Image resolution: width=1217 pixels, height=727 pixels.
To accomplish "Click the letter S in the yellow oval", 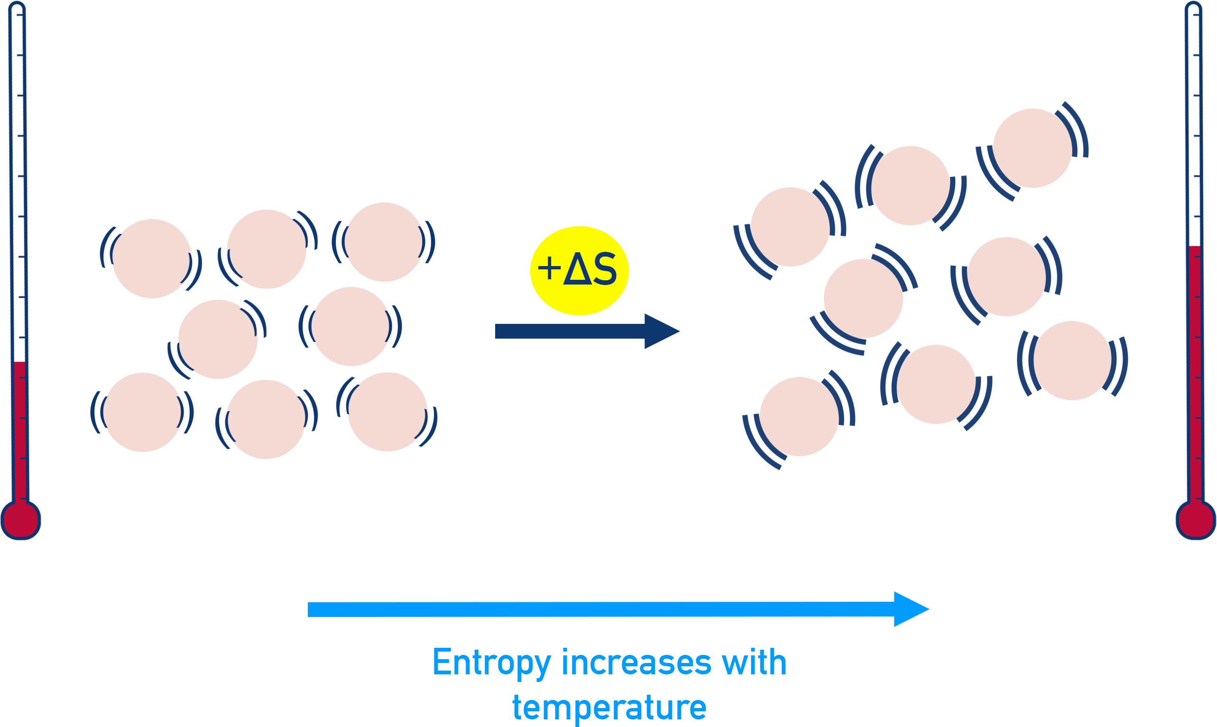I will pyautogui.click(x=605, y=269).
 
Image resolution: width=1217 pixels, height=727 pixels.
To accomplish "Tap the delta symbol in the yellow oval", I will pyautogui.click(x=578, y=269).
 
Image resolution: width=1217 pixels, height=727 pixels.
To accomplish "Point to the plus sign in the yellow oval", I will pyautogui.click(x=549, y=269).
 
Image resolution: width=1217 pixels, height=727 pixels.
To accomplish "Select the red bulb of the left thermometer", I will pyautogui.click(x=20, y=520).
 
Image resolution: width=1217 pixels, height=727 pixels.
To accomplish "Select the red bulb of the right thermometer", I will pyautogui.click(x=1196, y=520).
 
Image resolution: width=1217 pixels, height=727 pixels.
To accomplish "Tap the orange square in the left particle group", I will pyautogui.click(x=151, y=258).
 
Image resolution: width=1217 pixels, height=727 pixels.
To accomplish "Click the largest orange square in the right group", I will pyautogui.click(x=790, y=227).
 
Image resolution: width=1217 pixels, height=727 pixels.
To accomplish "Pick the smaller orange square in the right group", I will pyautogui.click(x=1011, y=276).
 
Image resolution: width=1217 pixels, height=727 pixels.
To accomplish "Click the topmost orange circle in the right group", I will pyautogui.click(x=1033, y=148).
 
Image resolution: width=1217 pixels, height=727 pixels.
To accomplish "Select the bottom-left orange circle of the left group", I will pyautogui.click(x=143, y=412).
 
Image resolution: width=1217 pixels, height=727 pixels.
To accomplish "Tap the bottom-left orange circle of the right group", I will pyautogui.click(x=799, y=416).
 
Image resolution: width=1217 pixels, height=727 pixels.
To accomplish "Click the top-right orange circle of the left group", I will pyautogui.click(x=384, y=242).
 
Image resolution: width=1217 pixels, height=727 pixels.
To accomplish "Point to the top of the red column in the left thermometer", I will pyautogui.click(x=19, y=362).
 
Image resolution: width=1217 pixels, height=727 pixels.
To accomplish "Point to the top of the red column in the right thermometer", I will pyautogui.click(x=1195, y=247).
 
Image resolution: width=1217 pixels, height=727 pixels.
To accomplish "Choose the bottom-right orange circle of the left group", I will pyautogui.click(x=387, y=412).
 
